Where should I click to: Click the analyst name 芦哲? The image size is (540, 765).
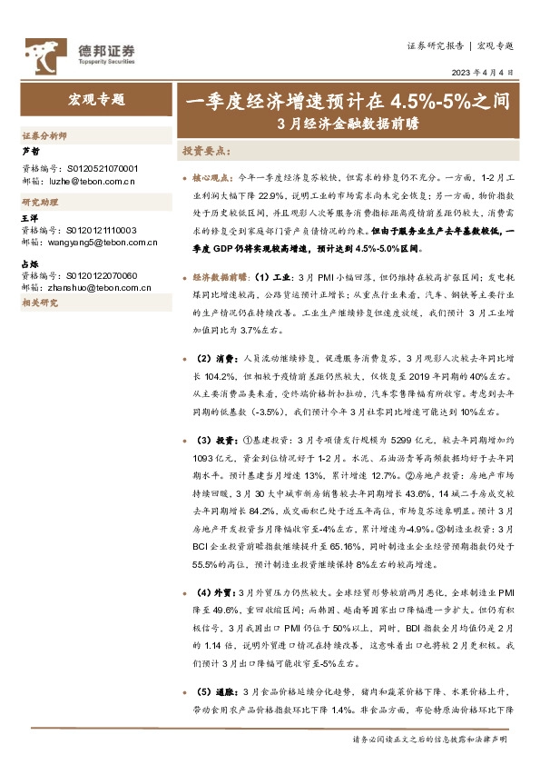point(30,153)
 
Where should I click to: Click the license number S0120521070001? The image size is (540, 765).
point(103,169)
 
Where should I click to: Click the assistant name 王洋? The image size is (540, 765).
point(30,219)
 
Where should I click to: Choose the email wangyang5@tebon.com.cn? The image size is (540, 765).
point(101,243)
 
